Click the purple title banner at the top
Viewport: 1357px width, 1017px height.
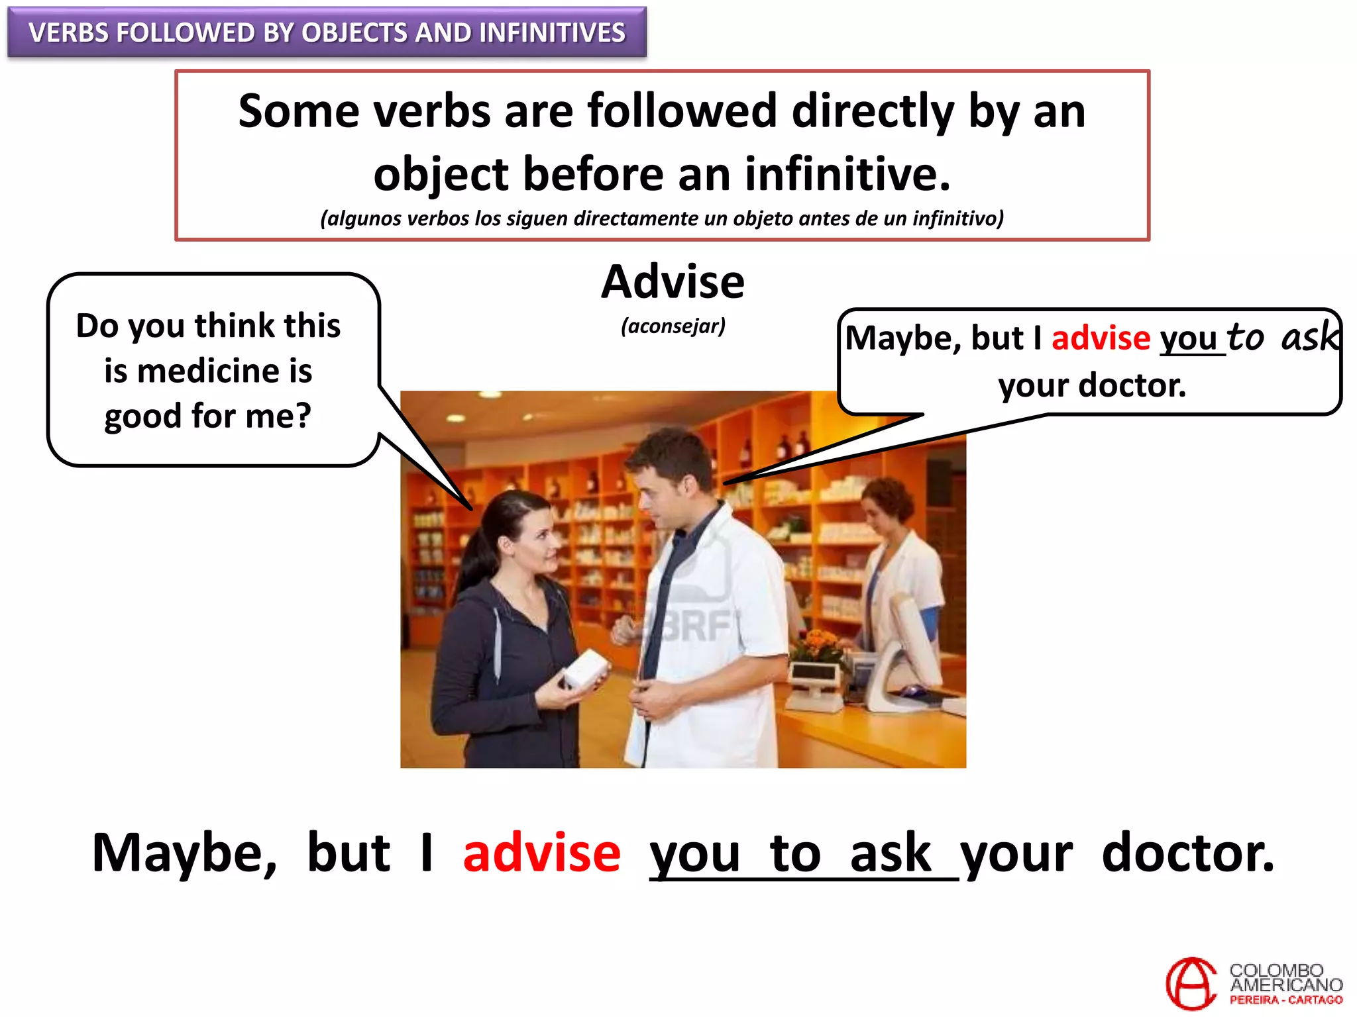click(327, 32)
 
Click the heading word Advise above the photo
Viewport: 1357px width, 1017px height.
click(673, 282)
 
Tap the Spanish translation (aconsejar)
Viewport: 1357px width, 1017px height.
click(673, 326)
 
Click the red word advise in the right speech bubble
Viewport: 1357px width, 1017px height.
click(1101, 338)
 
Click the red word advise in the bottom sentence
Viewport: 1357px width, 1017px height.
click(541, 853)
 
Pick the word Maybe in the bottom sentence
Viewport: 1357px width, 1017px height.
click(184, 853)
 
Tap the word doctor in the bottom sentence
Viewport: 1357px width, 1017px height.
click(1187, 853)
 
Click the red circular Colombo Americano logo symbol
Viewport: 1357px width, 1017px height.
click(1191, 983)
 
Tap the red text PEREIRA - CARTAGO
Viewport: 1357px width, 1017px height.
click(1285, 1000)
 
